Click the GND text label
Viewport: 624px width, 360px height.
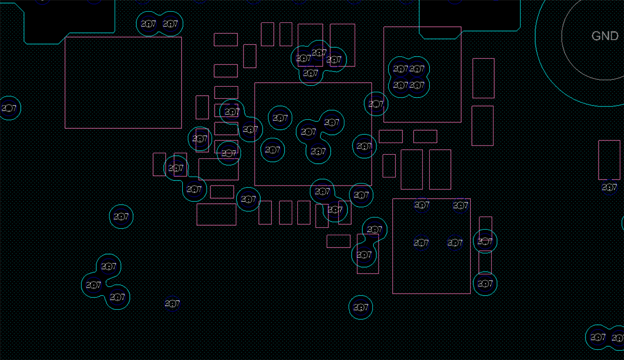coord(605,36)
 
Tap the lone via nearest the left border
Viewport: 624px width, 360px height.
coord(9,108)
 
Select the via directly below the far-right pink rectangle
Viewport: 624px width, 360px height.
coord(609,188)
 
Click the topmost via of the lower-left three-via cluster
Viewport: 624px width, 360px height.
coord(109,266)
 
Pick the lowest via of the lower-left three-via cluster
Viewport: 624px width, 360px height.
coord(117,297)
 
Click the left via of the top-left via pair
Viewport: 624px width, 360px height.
coord(149,24)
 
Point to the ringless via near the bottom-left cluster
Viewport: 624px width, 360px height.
coord(172,304)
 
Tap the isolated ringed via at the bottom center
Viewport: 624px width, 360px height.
coord(361,307)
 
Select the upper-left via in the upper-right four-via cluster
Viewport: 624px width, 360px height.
coord(400,68)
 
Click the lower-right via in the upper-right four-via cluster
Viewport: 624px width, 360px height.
coord(417,85)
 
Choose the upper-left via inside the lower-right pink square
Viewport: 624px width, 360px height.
coord(422,205)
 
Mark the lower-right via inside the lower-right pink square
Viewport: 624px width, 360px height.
coord(455,243)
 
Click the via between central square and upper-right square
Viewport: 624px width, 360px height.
coord(376,104)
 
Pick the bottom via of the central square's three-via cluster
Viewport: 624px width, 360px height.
coord(318,151)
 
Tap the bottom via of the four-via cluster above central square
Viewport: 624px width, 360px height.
coord(310,74)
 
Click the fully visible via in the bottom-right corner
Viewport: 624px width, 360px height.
coord(598,337)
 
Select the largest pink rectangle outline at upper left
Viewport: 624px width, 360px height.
coord(123,83)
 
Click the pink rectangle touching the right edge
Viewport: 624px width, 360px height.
coord(609,160)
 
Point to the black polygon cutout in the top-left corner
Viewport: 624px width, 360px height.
coord(68,18)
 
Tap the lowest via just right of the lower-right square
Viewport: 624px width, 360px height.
coord(484,283)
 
